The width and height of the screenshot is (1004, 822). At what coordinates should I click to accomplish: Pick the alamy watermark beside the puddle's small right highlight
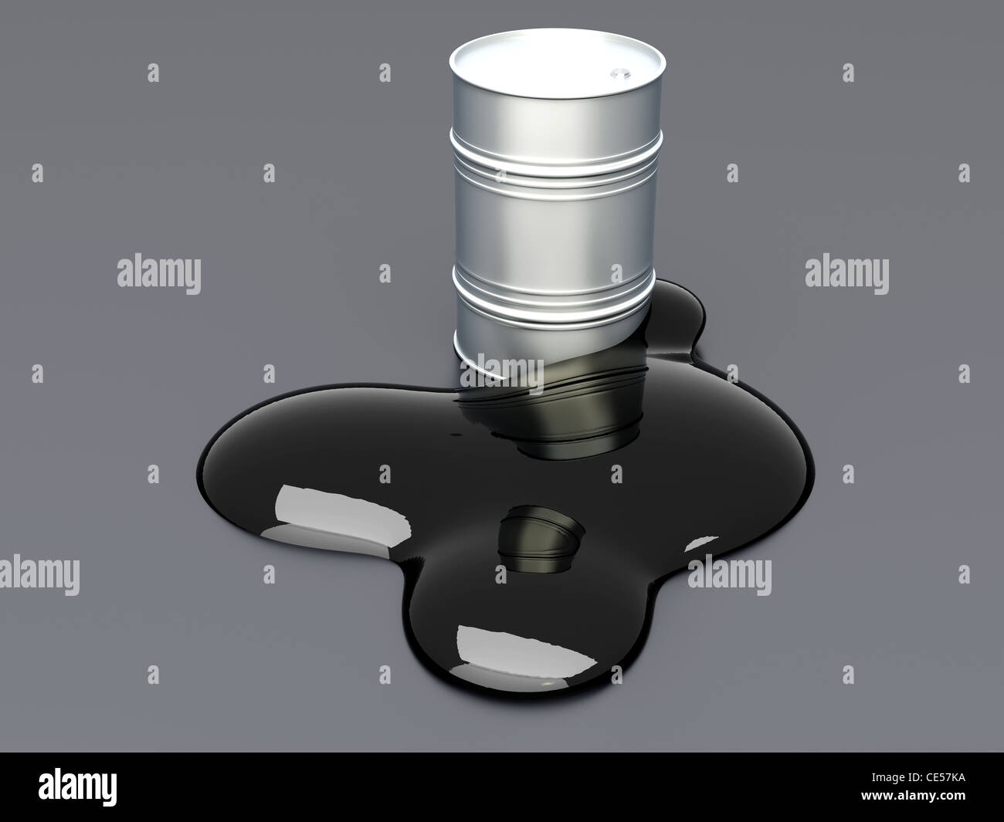coord(730,575)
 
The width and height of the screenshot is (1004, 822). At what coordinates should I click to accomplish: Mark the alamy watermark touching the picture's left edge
coord(39,575)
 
